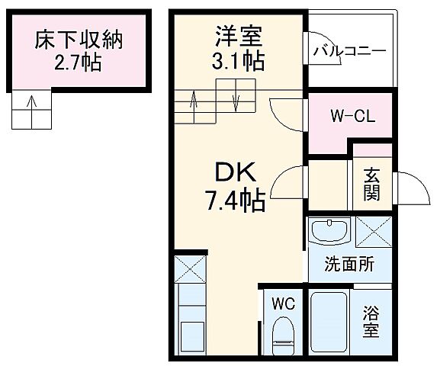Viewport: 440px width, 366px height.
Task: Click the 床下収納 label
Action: click(x=79, y=38)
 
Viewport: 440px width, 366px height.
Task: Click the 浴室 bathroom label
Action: click(x=371, y=321)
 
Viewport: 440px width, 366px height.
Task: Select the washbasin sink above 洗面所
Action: click(x=330, y=231)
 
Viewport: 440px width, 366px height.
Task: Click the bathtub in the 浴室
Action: click(x=329, y=324)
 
